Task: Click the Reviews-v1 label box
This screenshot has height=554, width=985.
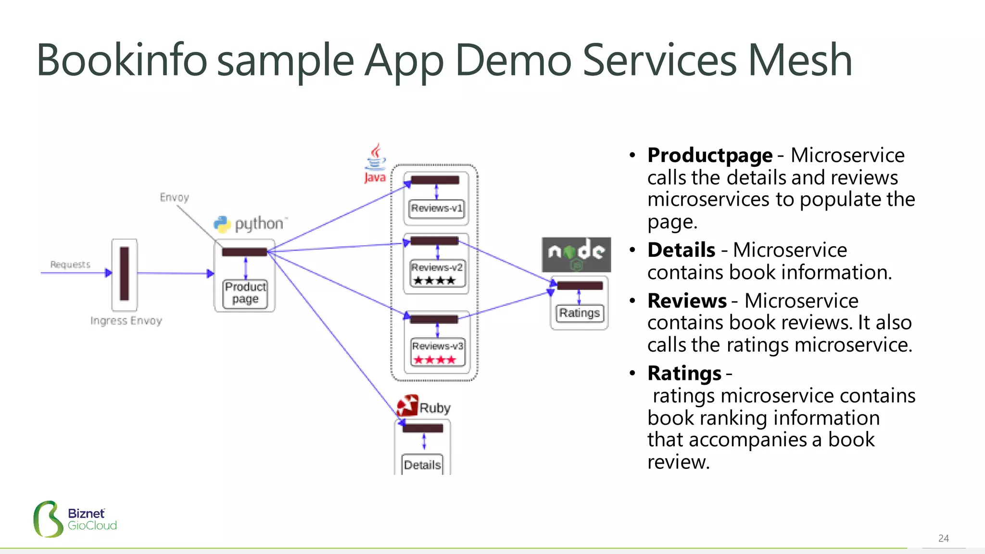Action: pyautogui.click(x=436, y=208)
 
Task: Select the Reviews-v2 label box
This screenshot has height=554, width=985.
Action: pyautogui.click(x=437, y=267)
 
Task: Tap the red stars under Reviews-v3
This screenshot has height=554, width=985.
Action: pyautogui.click(x=435, y=360)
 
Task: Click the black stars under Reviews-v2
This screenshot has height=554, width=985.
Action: pyautogui.click(x=434, y=280)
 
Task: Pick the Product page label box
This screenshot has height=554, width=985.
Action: pyautogui.click(x=245, y=293)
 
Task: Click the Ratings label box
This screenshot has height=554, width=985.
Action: pyautogui.click(x=579, y=313)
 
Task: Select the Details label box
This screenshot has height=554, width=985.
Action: pyautogui.click(x=422, y=465)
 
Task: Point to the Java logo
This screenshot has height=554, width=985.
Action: pyautogui.click(x=375, y=164)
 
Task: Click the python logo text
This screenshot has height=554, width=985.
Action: pyautogui.click(x=258, y=224)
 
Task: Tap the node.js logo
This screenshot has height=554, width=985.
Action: pyautogui.click(x=576, y=254)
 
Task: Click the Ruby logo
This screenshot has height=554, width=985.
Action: pyautogui.click(x=423, y=407)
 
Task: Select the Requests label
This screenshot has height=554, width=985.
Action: pyautogui.click(x=70, y=264)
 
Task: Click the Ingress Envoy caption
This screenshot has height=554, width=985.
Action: pyautogui.click(x=126, y=321)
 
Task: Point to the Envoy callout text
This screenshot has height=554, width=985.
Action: pyautogui.click(x=174, y=197)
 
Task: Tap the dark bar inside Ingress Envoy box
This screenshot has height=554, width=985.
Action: pyautogui.click(x=125, y=273)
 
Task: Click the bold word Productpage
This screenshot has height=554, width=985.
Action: pyautogui.click(x=709, y=155)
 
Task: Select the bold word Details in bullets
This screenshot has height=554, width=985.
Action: pyautogui.click(x=681, y=250)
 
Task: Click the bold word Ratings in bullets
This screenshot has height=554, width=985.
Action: pyautogui.click(x=684, y=373)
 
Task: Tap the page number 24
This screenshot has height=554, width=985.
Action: pyautogui.click(x=943, y=538)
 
